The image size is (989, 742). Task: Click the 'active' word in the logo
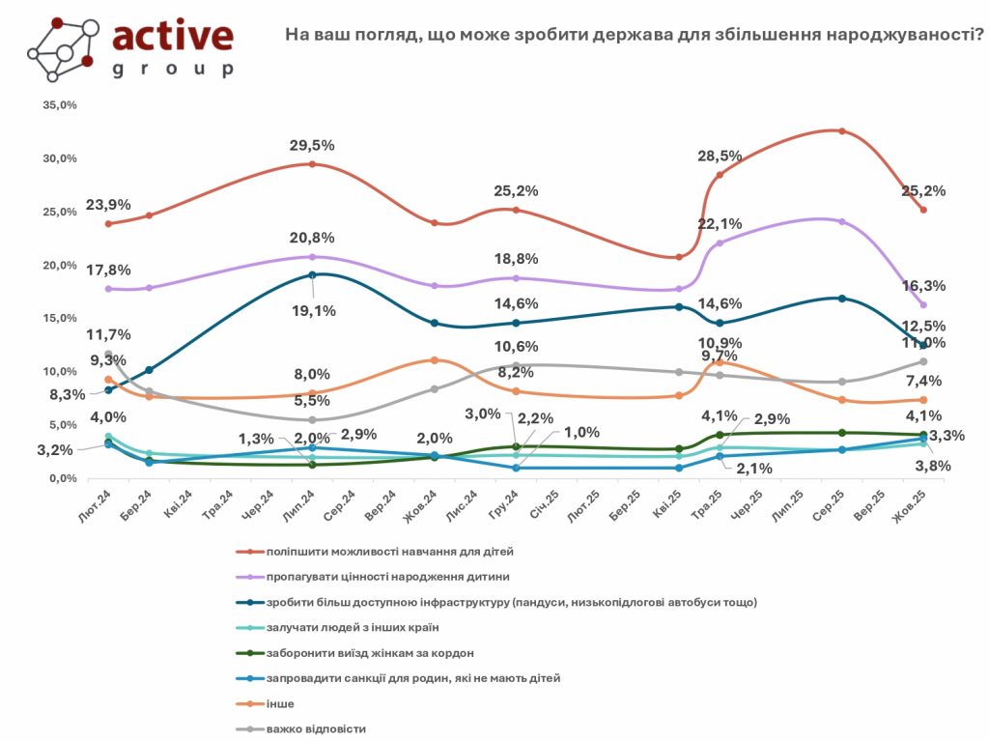point(173,36)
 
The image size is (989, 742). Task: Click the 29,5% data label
point(312,146)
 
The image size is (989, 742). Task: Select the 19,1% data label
point(312,311)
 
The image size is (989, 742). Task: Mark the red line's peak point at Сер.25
point(842,131)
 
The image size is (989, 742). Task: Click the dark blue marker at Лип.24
point(312,275)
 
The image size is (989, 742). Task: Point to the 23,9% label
point(108,205)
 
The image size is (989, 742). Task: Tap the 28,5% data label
point(720,156)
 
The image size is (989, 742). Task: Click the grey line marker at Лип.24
point(312,420)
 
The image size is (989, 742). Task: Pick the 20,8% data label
point(312,238)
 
